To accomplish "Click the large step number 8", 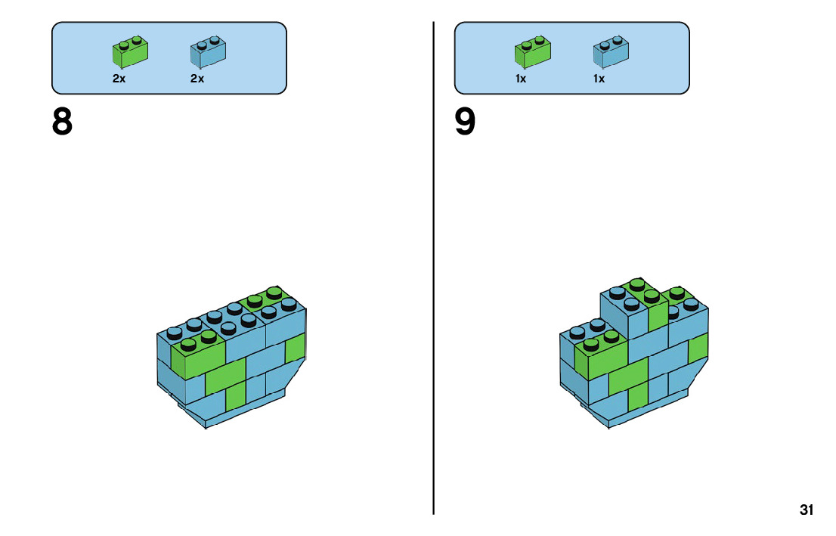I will (x=63, y=122).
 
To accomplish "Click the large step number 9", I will (x=466, y=122).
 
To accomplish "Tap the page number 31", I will (x=807, y=510).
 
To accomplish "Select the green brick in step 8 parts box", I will (x=130, y=51).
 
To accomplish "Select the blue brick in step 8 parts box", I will (x=209, y=51).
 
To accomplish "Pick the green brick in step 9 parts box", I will (x=533, y=51).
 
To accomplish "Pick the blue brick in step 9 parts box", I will (x=612, y=51).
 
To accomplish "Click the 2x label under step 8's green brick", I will (x=119, y=79).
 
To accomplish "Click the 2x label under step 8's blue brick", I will (x=197, y=79).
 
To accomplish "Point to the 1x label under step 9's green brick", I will (x=522, y=79).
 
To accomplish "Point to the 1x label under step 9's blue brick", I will (x=599, y=79).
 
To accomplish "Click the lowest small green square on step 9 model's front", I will (x=638, y=396).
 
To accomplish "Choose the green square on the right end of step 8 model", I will (x=295, y=350).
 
